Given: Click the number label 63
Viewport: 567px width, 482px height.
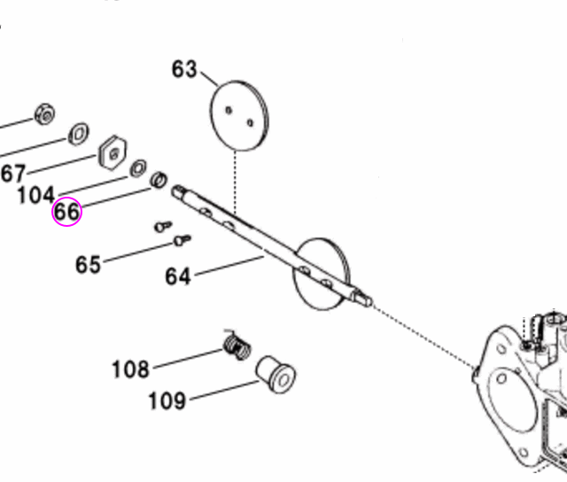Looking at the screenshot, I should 184,69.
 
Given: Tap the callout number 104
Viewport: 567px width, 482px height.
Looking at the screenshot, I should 36,194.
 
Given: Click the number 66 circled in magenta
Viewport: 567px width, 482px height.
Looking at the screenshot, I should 66,213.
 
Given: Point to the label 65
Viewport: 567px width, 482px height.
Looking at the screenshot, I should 88,264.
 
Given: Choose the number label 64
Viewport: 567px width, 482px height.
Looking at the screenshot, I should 178,276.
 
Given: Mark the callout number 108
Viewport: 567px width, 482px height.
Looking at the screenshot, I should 130,368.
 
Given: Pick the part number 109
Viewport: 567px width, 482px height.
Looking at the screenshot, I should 167,400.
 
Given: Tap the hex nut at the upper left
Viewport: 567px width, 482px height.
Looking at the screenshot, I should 45,113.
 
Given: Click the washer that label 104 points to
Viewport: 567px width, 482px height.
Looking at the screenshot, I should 139,168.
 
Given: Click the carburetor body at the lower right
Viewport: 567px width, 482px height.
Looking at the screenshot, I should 523,390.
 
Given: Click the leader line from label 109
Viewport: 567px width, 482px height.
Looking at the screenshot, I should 221,391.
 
